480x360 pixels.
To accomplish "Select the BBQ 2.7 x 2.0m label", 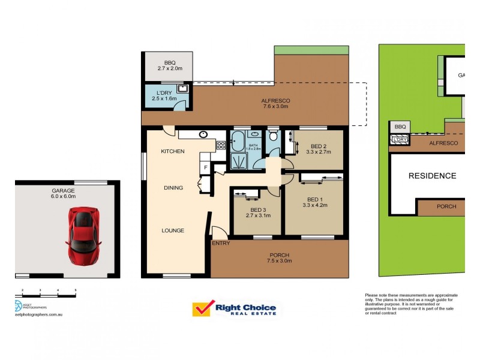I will [x=169, y=65].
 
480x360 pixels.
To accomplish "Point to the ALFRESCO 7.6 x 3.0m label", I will [x=275, y=103].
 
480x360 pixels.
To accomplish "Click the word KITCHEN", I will [x=172, y=151].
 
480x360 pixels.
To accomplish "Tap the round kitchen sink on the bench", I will [x=203, y=134].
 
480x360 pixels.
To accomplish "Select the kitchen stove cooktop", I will [x=220, y=145].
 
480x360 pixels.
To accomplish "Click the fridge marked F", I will [x=205, y=167].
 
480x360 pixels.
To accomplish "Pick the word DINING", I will [x=173, y=188].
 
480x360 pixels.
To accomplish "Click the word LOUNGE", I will [x=172, y=230].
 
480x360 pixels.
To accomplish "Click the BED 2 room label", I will [x=319, y=149].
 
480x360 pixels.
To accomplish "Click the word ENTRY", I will [x=220, y=243].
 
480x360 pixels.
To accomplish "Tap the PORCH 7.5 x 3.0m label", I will [x=279, y=257].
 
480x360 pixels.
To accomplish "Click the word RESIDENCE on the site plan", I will [x=432, y=176].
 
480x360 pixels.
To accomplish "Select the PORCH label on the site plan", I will [x=446, y=206].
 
